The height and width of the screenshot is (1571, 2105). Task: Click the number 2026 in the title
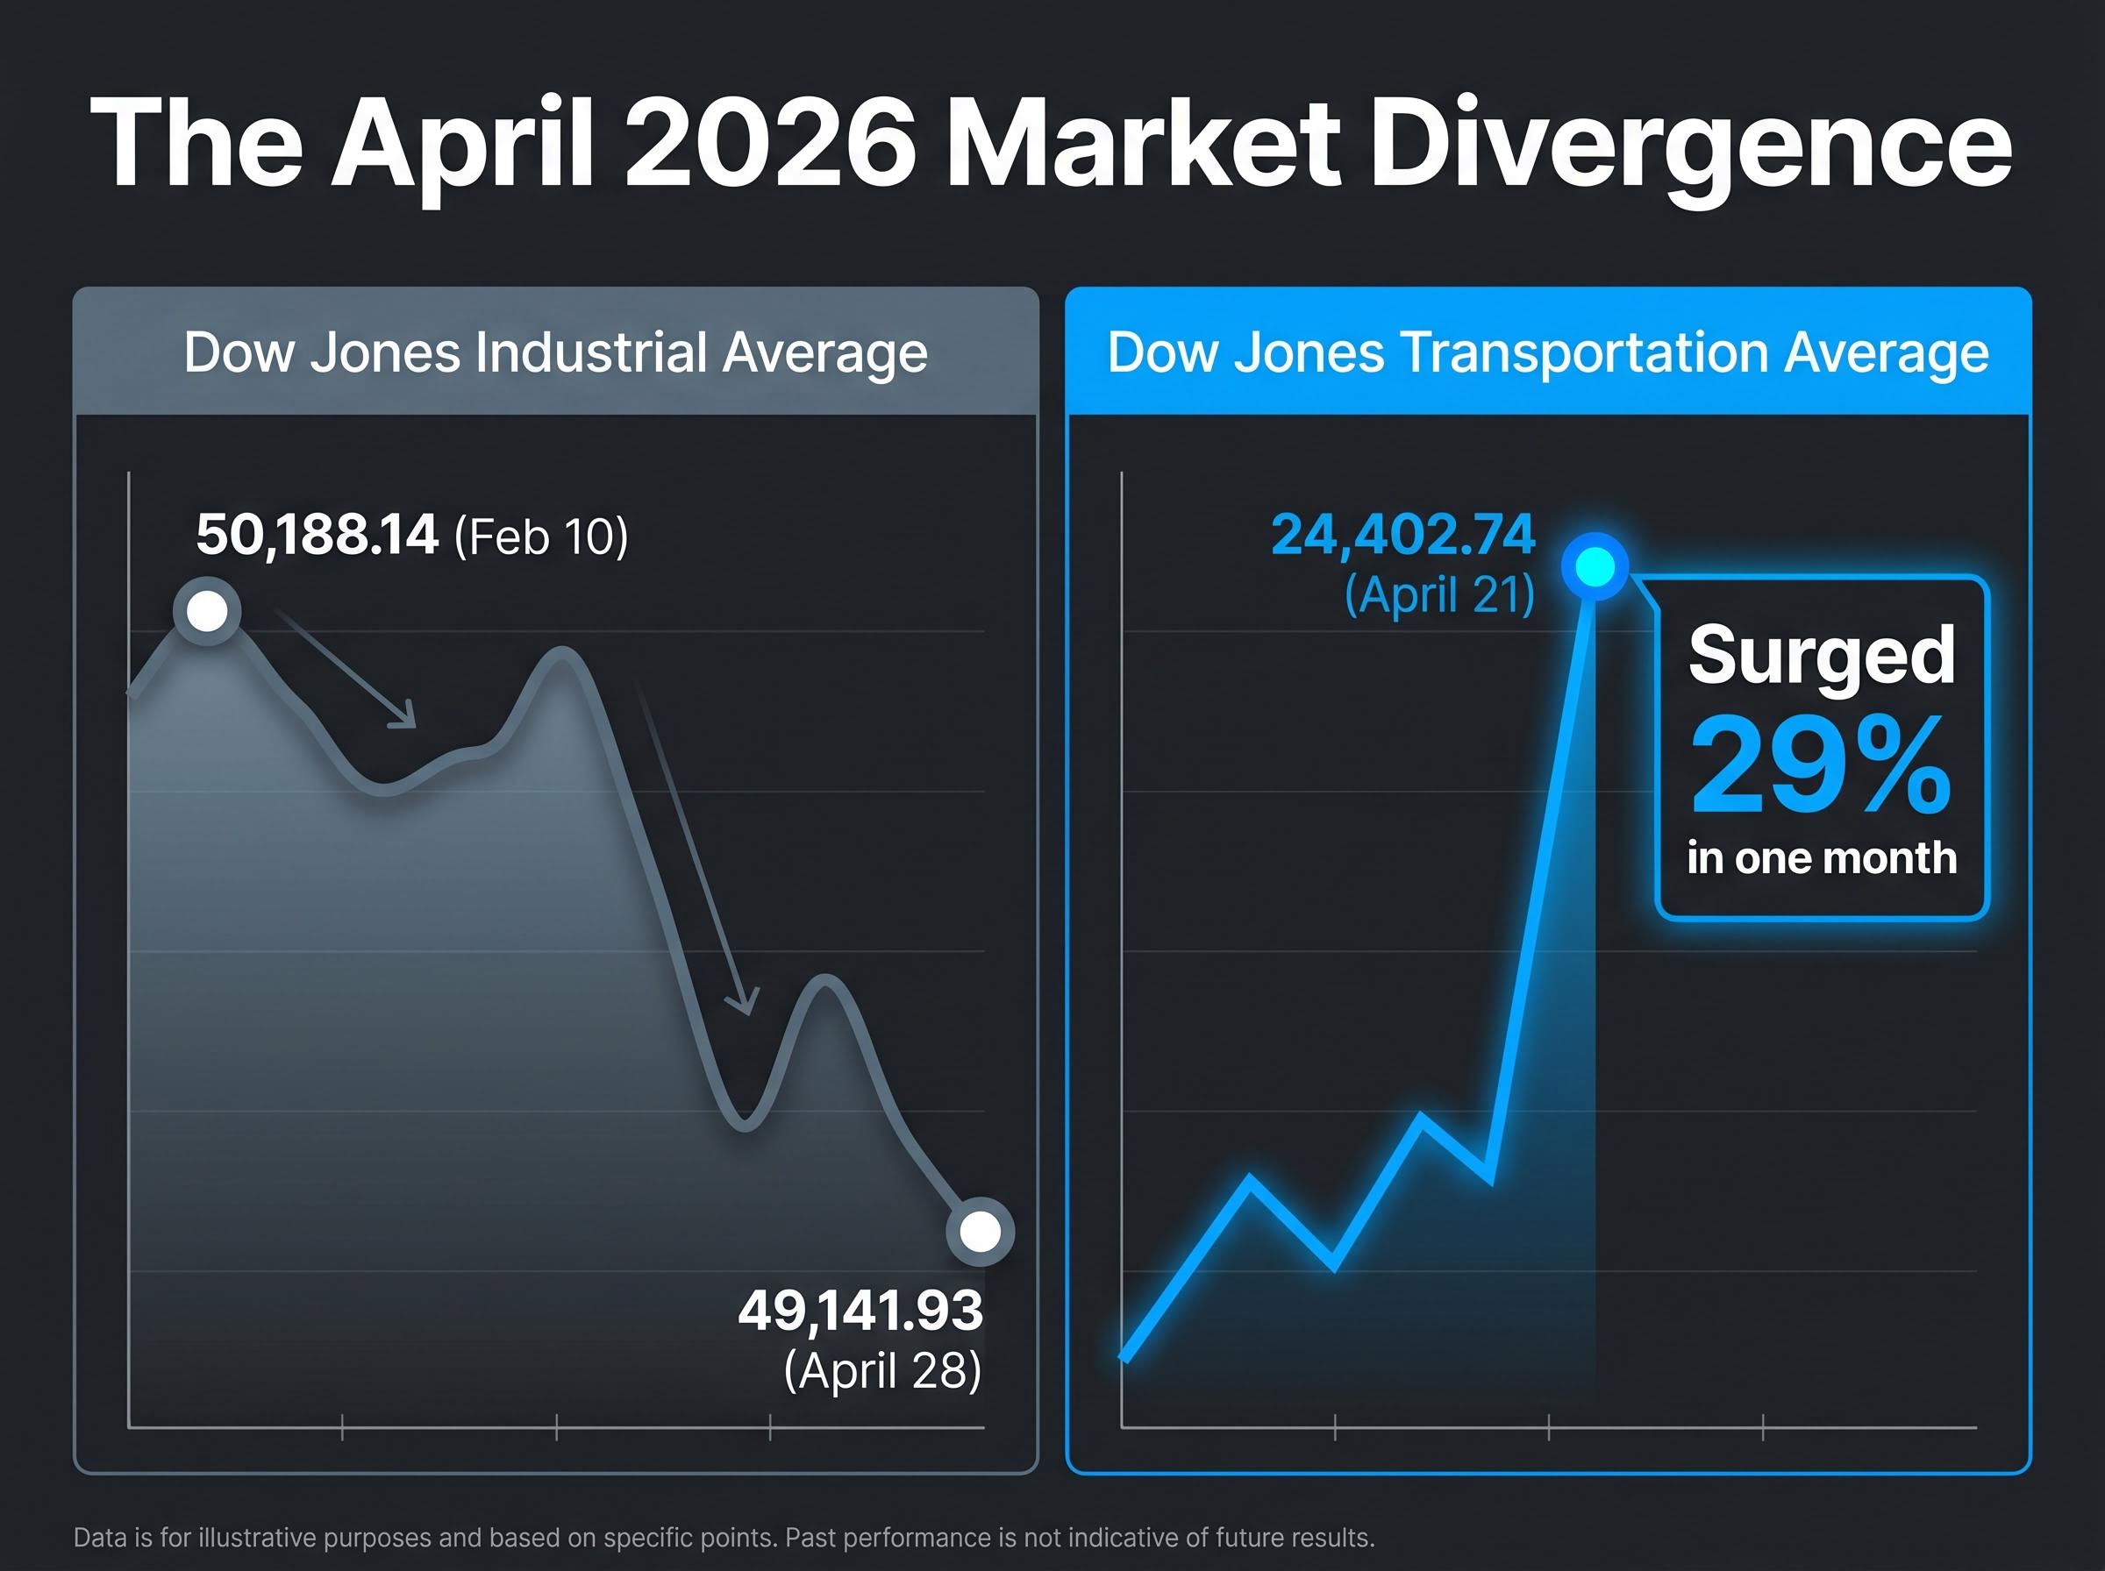pyautogui.click(x=769, y=146)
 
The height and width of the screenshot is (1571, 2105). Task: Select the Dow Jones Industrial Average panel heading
pyautogui.click(x=555, y=352)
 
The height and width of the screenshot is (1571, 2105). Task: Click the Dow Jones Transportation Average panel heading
pyautogui.click(x=1547, y=352)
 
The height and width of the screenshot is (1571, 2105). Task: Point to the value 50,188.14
pyautogui.click(x=317, y=535)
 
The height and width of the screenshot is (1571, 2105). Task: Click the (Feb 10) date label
pyautogui.click(x=541, y=537)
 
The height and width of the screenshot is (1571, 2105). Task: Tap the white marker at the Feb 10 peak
pyautogui.click(x=207, y=611)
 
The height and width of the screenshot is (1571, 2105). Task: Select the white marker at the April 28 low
pyautogui.click(x=980, y=1233)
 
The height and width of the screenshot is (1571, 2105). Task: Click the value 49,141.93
pyautogui.click(x=860, y=1312)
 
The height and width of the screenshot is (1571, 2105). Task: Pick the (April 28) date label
pyautogui.click(x=881, y=1370)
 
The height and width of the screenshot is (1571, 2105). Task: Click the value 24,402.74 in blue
pyautogui.click(x=1403, y=535)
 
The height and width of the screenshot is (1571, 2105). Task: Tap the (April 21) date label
pyautogui.click(x=1439, y=595)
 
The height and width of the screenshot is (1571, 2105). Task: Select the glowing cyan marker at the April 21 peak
pyautogui.click(x=1595, y=568)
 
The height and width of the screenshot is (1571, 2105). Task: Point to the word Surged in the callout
pyautogui.click(x=1821, y=655)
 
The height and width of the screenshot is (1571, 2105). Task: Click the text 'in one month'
pyautogui.click(x=1821, y=857)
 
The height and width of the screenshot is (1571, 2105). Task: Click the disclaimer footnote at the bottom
pyautogui.click(x=724, y=1538)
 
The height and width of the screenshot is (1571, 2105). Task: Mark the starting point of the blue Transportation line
pyautogui.click(x=1125, y=1358)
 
